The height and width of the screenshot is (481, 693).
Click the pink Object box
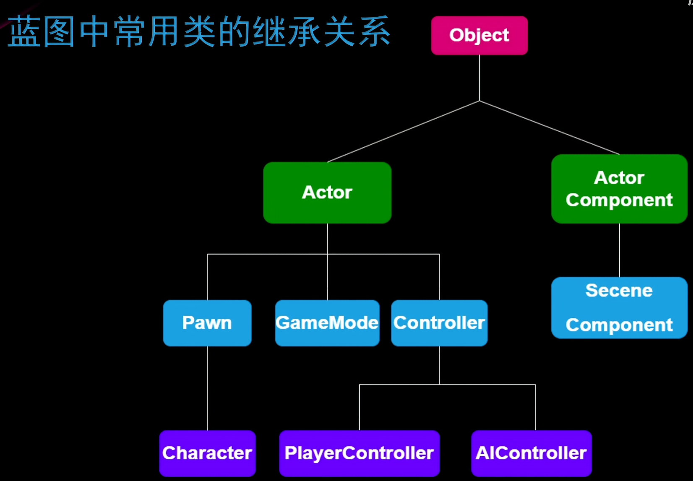click(x=479, y=36)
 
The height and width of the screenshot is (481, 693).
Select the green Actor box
click(x=327, y=192)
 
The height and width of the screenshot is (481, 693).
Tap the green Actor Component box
click(x=619, y=189)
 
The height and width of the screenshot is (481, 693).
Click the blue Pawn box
click(x=207, y=323)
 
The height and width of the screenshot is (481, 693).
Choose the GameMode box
click(x=327, y=323)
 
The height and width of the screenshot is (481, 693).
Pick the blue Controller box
click(x=439, y=323)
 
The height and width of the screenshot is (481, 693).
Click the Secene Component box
click(x=619, y=308)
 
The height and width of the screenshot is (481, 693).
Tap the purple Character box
click(x=207, y=453)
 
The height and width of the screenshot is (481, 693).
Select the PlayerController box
click(x=360, y=453)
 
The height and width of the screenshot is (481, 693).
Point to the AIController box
click(x=531, y=453)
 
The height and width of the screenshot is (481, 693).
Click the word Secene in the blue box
click(x=619, y=291)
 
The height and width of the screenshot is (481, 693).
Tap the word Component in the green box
click(x=619, y=200)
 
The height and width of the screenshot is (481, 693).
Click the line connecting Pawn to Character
click(x=207, y=388)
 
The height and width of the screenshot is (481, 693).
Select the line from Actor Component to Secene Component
click(x=619, y=250)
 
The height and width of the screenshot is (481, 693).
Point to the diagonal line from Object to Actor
click(x=403, y=131)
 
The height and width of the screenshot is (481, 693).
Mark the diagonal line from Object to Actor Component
click(x=550, y=127)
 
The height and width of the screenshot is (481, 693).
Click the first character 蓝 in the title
click(x=24, y=32)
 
